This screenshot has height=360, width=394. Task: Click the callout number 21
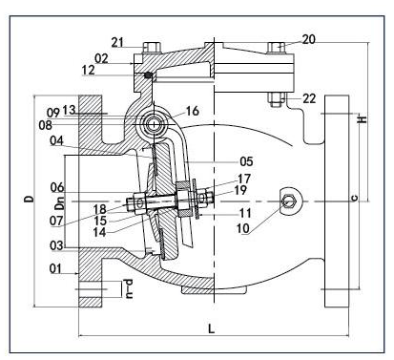pos(117,42)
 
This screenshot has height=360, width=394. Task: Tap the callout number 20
pos(308,39)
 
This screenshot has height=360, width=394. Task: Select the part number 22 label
pos(309,98)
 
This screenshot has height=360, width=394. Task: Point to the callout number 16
pos(193,111)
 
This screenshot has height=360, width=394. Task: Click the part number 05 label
pos(246,161)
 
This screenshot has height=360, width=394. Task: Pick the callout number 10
pos(243,228)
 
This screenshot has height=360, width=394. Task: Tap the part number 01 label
pos(55,268)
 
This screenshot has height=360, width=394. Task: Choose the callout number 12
pos(88,70)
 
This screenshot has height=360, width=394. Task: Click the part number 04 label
pos(56,140)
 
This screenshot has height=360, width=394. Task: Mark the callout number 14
pos(99,232)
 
